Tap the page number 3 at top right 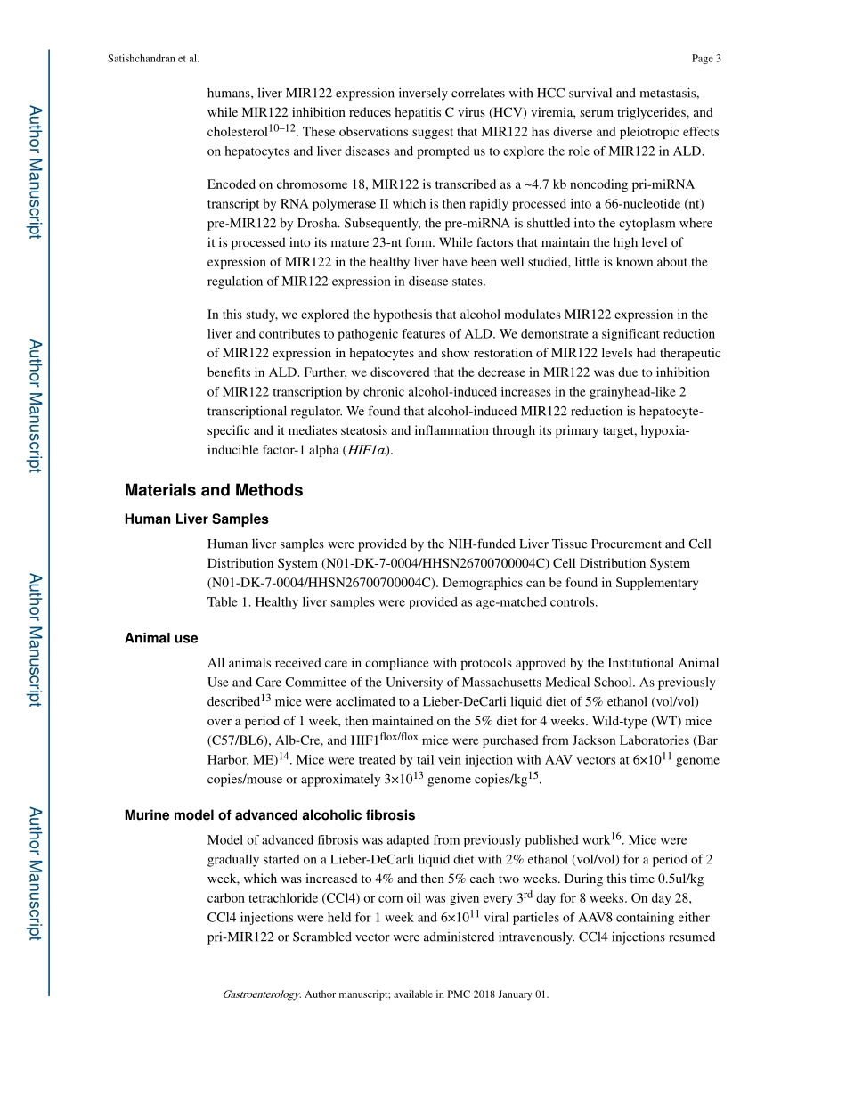coord(718,59)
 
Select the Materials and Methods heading coord(214,490)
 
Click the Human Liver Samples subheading coord(196,519)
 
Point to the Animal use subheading coord(161,638)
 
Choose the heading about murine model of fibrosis coord(270,815)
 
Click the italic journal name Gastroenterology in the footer coord(261,994)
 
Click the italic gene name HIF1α coord(368,450)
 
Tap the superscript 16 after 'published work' coord(616,837)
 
